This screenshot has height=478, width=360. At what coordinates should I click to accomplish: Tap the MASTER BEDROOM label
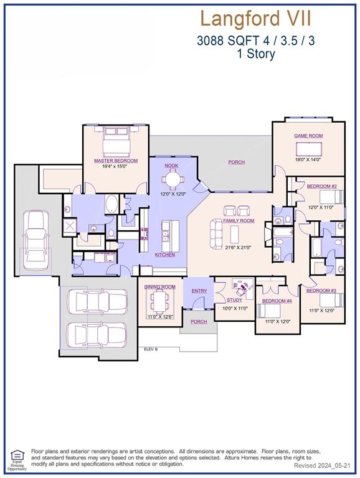116,161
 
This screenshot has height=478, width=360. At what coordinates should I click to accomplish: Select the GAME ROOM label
308,135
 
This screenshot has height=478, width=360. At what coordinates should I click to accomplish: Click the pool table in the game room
309,149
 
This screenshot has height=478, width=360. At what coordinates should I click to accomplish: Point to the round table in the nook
172,180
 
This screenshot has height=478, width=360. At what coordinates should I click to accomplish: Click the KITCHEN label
165,255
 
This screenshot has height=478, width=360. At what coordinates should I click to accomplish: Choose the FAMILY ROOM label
239,221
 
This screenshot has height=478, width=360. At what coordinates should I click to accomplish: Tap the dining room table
160,302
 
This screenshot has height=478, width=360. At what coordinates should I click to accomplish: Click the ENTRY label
199,291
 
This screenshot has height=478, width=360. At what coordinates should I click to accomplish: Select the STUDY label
234,301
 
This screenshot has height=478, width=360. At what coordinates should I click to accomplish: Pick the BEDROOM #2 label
322,187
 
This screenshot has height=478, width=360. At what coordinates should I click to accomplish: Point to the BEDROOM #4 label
277,301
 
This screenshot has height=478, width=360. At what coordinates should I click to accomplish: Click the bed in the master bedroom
116,142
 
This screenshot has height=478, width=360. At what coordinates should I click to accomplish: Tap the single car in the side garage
36,241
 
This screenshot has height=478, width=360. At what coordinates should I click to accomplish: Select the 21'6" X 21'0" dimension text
239,247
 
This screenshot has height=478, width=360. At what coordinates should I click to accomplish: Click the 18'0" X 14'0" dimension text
308,160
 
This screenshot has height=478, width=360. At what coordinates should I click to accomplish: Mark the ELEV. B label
151,350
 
